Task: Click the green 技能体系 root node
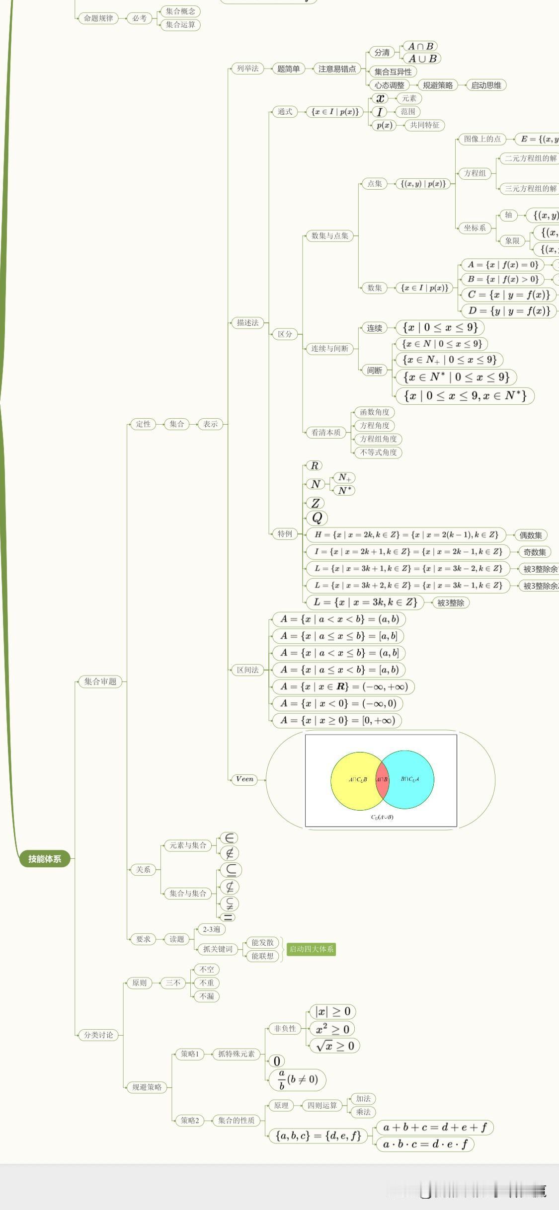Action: pyautogui.click(x=45, y=859)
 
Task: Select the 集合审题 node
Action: pyautogui.click(x=100, y=681)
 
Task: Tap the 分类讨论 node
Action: pyautogui.click(x=98, y=1035)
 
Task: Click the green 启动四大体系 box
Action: pyautogui.click(x=312, y=949)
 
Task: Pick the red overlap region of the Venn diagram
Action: pyautogui.click(x=382, y=779)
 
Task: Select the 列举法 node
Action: pyautogui.click(x=247, y=69)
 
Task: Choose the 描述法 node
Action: pyautogui.click(x=247, y=322)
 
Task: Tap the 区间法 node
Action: pyautogui.click(x=247, y=670)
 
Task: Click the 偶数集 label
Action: pyautogui.click(x=531, y=535)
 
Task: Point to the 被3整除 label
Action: pyautogui.click(x=451, y=603)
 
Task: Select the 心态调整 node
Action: pyautogui.click(x=390, y=85)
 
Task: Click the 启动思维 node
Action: pyautogui.click(x=486, y=85)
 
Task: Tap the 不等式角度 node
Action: pyautogui.click(x=378, y=452)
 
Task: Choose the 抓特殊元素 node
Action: pyautogui.click(x=237, y=1054)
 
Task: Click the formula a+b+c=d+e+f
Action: pyautogui.click(x=435, y=1127)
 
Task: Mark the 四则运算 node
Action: pyautogui.click(x=322, y=1105)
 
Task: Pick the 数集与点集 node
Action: pyautogui.click(x=330, y=235)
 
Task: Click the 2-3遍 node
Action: pyautogui.click(x=211, y=929)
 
